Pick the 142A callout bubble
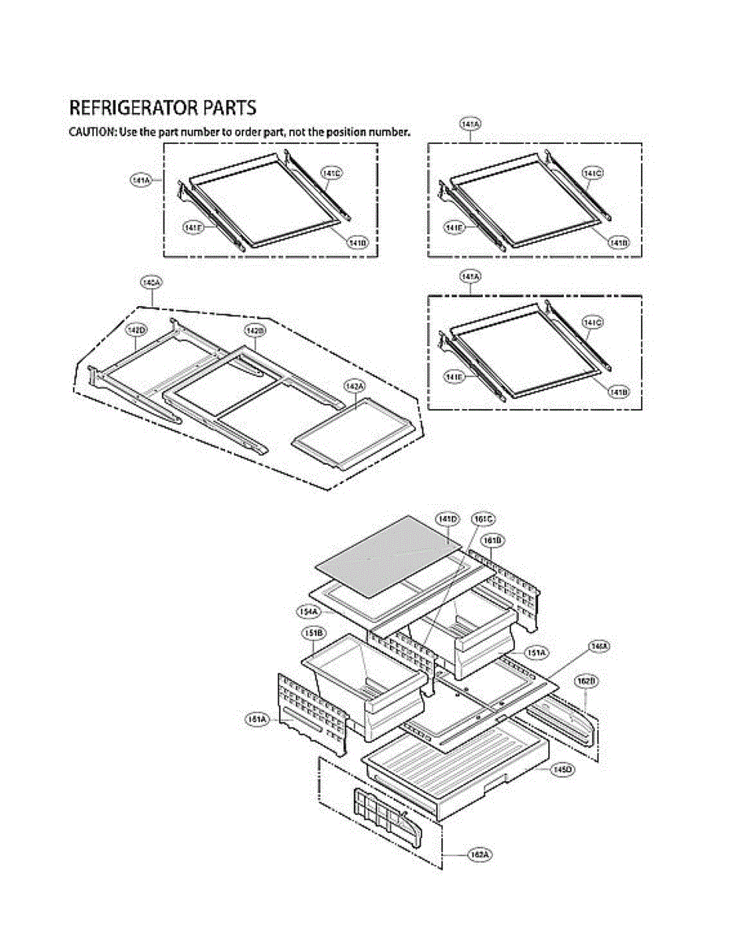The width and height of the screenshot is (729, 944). tap(354, 385)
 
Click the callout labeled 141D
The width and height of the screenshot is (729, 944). tap(447, 519)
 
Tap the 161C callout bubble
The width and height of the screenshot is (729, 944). tap(483, 519)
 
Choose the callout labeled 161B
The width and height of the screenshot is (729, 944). tap(493, 540)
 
